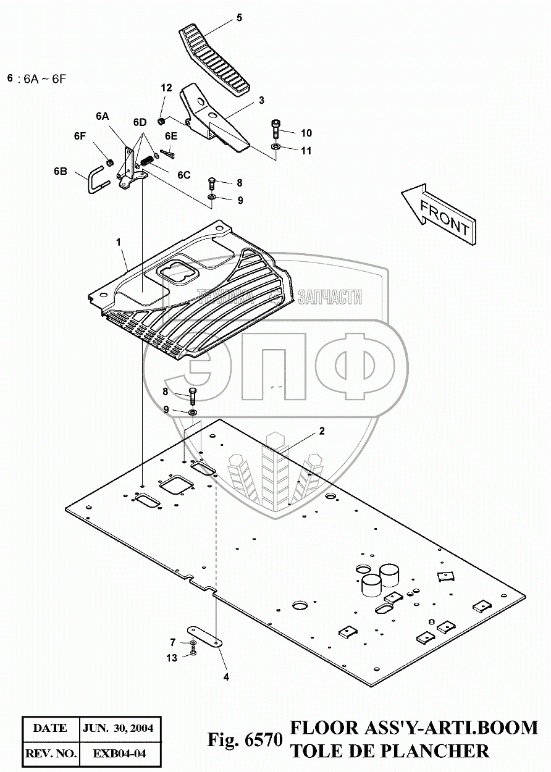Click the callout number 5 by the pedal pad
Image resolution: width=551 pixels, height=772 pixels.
[239, 18]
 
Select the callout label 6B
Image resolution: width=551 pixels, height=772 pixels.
[60, 171]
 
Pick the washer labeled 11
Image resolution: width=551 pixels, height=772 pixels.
[275, 147]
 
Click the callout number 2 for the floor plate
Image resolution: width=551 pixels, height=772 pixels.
[322, 431]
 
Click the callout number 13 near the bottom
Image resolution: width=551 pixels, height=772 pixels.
[171, 658]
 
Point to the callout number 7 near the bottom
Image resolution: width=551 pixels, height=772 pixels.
[174, 642]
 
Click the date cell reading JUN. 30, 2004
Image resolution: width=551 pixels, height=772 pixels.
[119, 728]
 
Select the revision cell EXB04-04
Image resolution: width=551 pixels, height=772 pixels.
[119, 753]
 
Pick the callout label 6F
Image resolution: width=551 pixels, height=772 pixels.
[79, 135]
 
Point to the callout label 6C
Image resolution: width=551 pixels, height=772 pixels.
[183, 175]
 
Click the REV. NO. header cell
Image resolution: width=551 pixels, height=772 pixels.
[50, 753]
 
